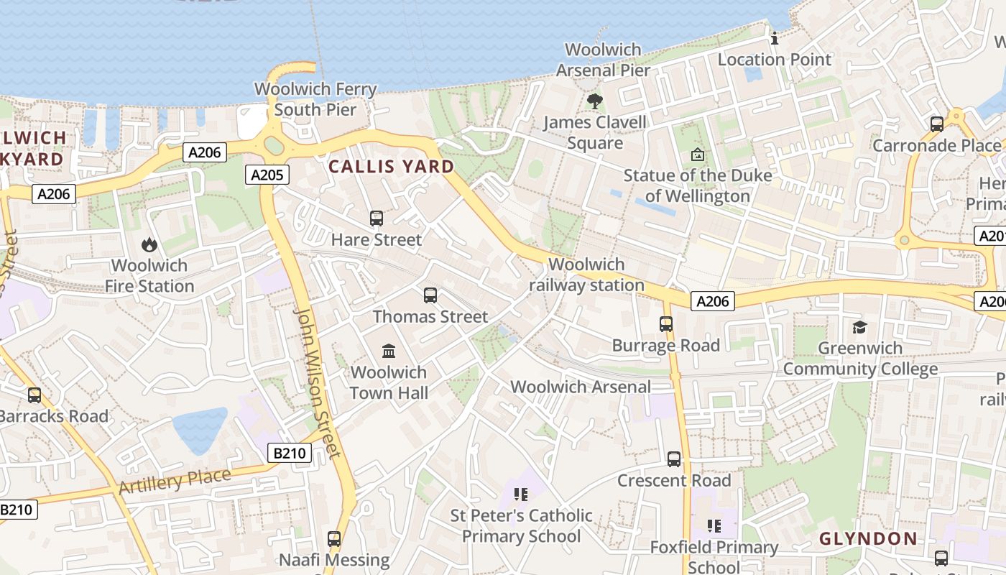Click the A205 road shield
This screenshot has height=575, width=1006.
point(267,174)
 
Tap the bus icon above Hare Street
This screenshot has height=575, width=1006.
point(376,218)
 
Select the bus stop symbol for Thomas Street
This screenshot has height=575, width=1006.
point(430,295)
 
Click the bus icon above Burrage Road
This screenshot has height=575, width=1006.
point(666,324)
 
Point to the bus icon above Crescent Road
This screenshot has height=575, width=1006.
point(673,459)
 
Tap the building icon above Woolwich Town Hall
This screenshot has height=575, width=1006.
point(389,351)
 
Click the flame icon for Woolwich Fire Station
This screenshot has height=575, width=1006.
point(149,244)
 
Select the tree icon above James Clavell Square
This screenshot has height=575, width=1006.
point(594,101)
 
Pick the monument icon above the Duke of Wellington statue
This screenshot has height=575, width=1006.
point(696,154)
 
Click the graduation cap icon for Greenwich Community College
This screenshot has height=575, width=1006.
point(859,327)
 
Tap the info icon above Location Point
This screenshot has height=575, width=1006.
point(775,39)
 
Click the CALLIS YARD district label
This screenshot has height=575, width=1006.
point(392,167)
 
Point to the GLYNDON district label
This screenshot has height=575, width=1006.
point(868,538)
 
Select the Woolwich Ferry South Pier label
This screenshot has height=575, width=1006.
point(315,99)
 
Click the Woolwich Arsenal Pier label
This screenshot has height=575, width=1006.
point(603,60)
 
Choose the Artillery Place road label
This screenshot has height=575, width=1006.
point(175,481)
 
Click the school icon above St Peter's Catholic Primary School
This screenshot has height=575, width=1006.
point(521,494)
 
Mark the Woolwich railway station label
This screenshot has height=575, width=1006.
point(586,275)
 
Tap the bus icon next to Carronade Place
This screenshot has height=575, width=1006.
point(936,124)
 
